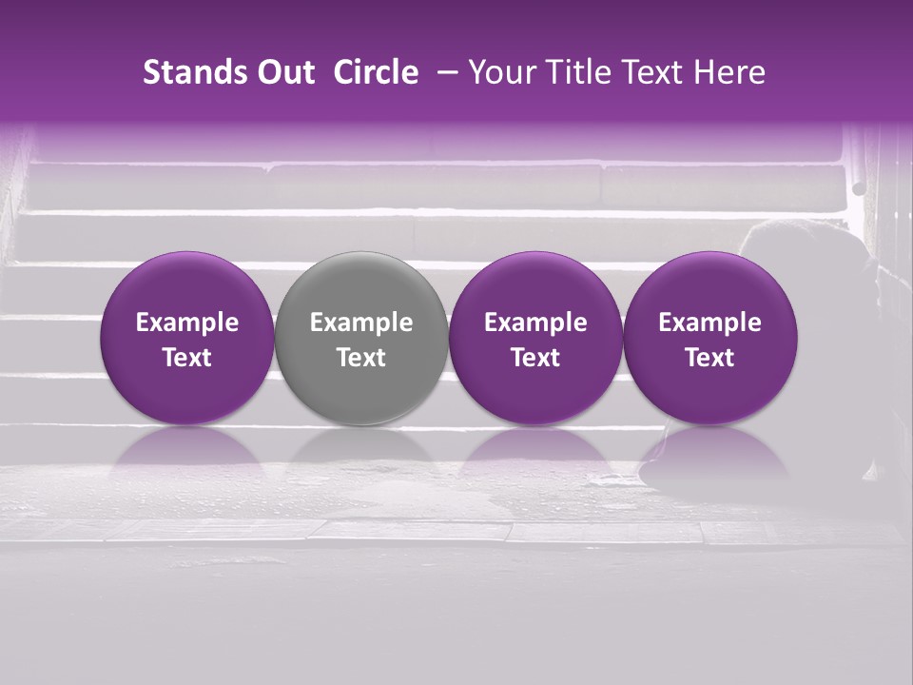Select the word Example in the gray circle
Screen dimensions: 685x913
tap(361, 323)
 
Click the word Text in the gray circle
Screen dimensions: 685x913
tap(361, 358)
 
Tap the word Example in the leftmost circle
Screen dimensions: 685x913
tap(187, 323)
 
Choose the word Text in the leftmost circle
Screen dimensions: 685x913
tap(187, 358)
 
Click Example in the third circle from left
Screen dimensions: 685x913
tap(535, 323)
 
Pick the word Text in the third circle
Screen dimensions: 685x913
tap(535, 358)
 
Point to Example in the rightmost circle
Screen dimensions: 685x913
tap(709, 323)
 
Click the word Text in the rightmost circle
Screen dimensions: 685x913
tap(709, 358)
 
